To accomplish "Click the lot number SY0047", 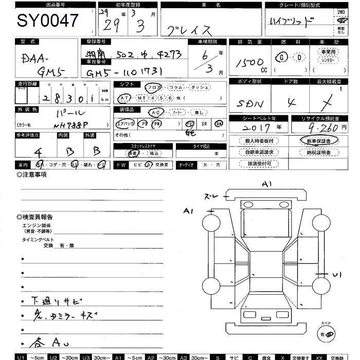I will click(x=48, y=21).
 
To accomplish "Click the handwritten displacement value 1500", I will click(x=250, y=63).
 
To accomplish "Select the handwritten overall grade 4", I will click(x=38, y=152).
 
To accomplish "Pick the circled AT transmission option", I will click(x=124, y=98).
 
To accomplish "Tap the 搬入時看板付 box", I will click(x=259, y=140).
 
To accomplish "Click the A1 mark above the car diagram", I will click(x=266, y=184).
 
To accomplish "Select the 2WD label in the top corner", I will click(x=341, y=11).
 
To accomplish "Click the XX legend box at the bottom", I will click(x=319, y=356).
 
